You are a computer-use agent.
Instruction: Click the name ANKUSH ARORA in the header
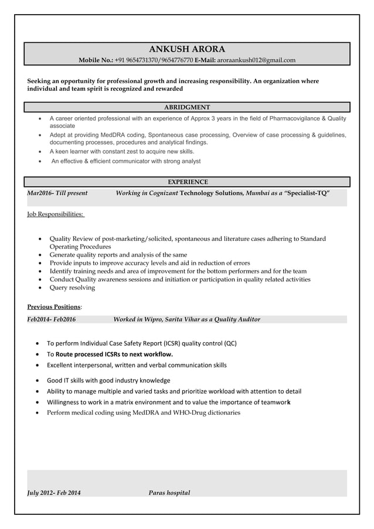coord(187,49)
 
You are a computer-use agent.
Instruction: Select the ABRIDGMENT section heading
coord(187,107)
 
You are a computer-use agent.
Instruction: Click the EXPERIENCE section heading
coord(187,182)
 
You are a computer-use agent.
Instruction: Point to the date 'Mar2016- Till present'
coord(57,193)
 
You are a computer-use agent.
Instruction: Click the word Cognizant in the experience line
coord(159,193)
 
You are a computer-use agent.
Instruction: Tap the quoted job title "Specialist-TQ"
coord(307,193)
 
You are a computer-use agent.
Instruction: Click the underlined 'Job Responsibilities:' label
coord(56,214)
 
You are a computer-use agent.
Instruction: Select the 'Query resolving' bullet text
coord(72,288)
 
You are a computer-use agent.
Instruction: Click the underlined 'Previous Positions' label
coord(54,307)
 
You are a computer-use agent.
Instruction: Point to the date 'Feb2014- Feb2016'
coord(52,319)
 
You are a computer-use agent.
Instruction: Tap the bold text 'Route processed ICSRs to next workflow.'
coord(114,354)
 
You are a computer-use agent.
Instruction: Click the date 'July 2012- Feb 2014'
coord(55,493)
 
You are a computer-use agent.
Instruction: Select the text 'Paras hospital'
coord(169,493)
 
